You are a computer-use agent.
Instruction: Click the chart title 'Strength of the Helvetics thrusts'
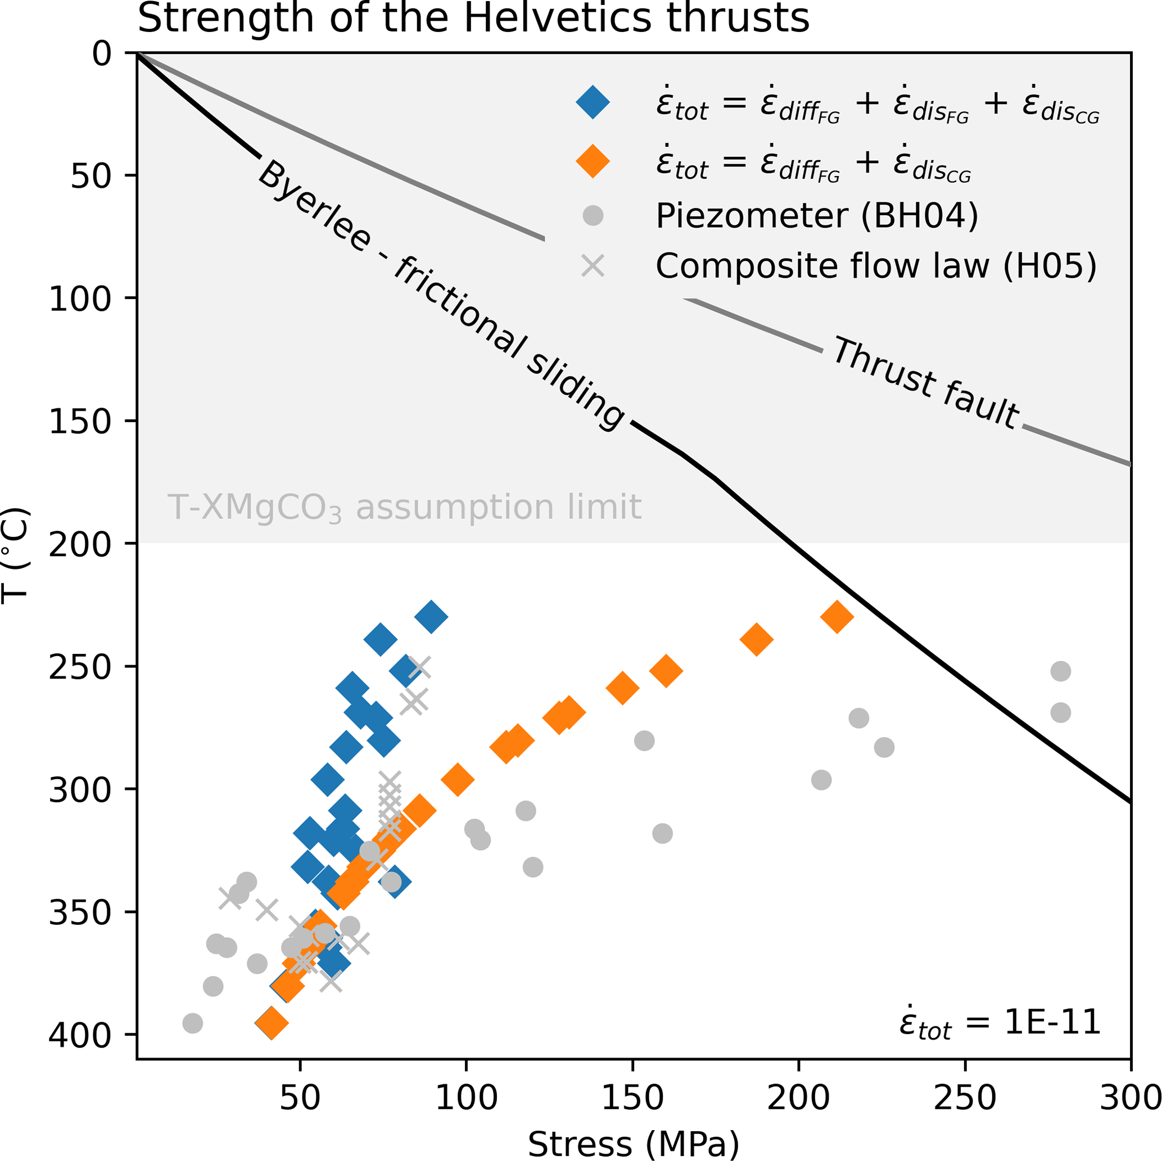coord(473,18)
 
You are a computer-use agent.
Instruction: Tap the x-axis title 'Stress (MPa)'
coord(634,1144)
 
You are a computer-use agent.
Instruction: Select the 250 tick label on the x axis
coord(965,1097)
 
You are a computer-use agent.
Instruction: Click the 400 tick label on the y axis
coord(80,1035)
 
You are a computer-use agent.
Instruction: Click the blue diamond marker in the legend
coord(593,103)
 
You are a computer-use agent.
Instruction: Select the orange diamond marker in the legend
coord(593,161)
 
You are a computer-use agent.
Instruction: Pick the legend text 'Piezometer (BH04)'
coord(817,216)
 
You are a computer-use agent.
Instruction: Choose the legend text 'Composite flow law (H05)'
coord(876,266)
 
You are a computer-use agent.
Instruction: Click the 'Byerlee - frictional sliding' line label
coord(441,295)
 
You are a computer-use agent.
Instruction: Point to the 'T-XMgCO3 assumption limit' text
coord(404,507)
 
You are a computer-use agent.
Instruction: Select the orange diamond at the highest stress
coord(837,617)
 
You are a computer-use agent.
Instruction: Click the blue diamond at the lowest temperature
coord(431,617)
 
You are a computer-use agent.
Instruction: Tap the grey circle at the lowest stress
coord(192,1023)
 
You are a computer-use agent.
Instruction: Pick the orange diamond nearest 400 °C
coord(272,1023)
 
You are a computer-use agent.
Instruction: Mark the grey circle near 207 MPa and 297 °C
coord(821,780)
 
